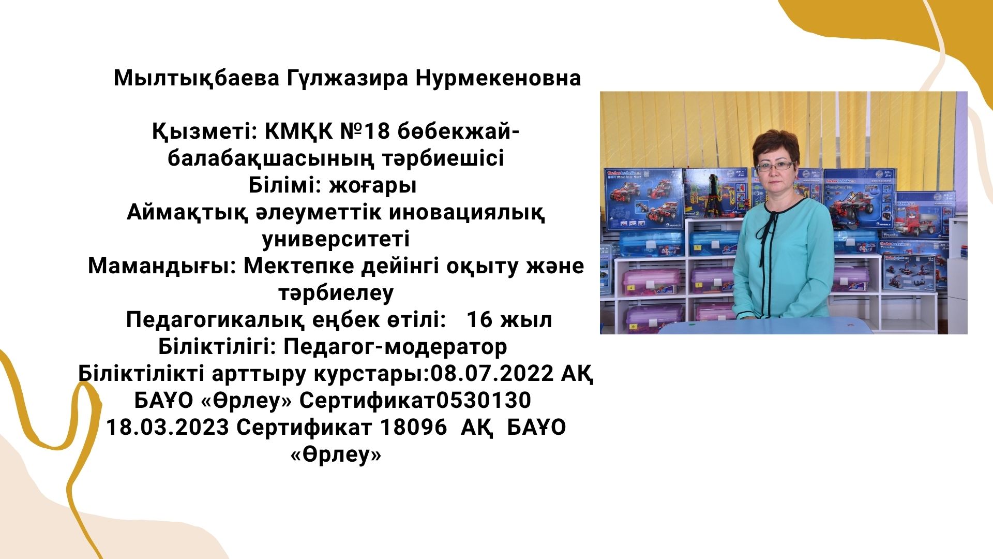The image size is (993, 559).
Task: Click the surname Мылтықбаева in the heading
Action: coord(197,79)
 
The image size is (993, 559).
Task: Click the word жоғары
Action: coord(373,185)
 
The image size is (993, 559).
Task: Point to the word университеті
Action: coord(336,239)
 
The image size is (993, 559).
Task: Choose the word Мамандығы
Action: coord(162,266)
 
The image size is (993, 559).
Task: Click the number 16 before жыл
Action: coord(479,320)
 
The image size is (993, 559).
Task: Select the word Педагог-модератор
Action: coord(395,347)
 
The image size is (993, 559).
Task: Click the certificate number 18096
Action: coord(413,428)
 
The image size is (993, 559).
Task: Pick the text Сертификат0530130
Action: coord(415,401)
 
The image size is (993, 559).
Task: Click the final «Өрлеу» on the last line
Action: coord(336,455)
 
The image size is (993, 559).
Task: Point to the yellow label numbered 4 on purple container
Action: coord(631,286)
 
